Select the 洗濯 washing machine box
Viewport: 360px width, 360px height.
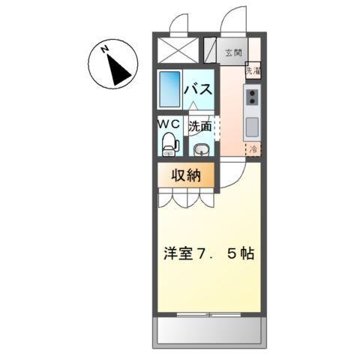(x=253, y=71)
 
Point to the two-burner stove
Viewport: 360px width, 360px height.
(x=253, y=95)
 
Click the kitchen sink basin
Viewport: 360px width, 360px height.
(x=253, y=124)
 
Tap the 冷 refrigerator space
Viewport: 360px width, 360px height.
(x=253, y=148)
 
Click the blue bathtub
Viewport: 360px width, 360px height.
(x=170, y=88)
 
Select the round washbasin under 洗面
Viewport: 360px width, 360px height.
(x=200, y=148)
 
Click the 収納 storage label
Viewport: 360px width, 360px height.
(x=185, y=176)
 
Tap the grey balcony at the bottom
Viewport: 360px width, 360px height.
(x=210, y=331)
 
